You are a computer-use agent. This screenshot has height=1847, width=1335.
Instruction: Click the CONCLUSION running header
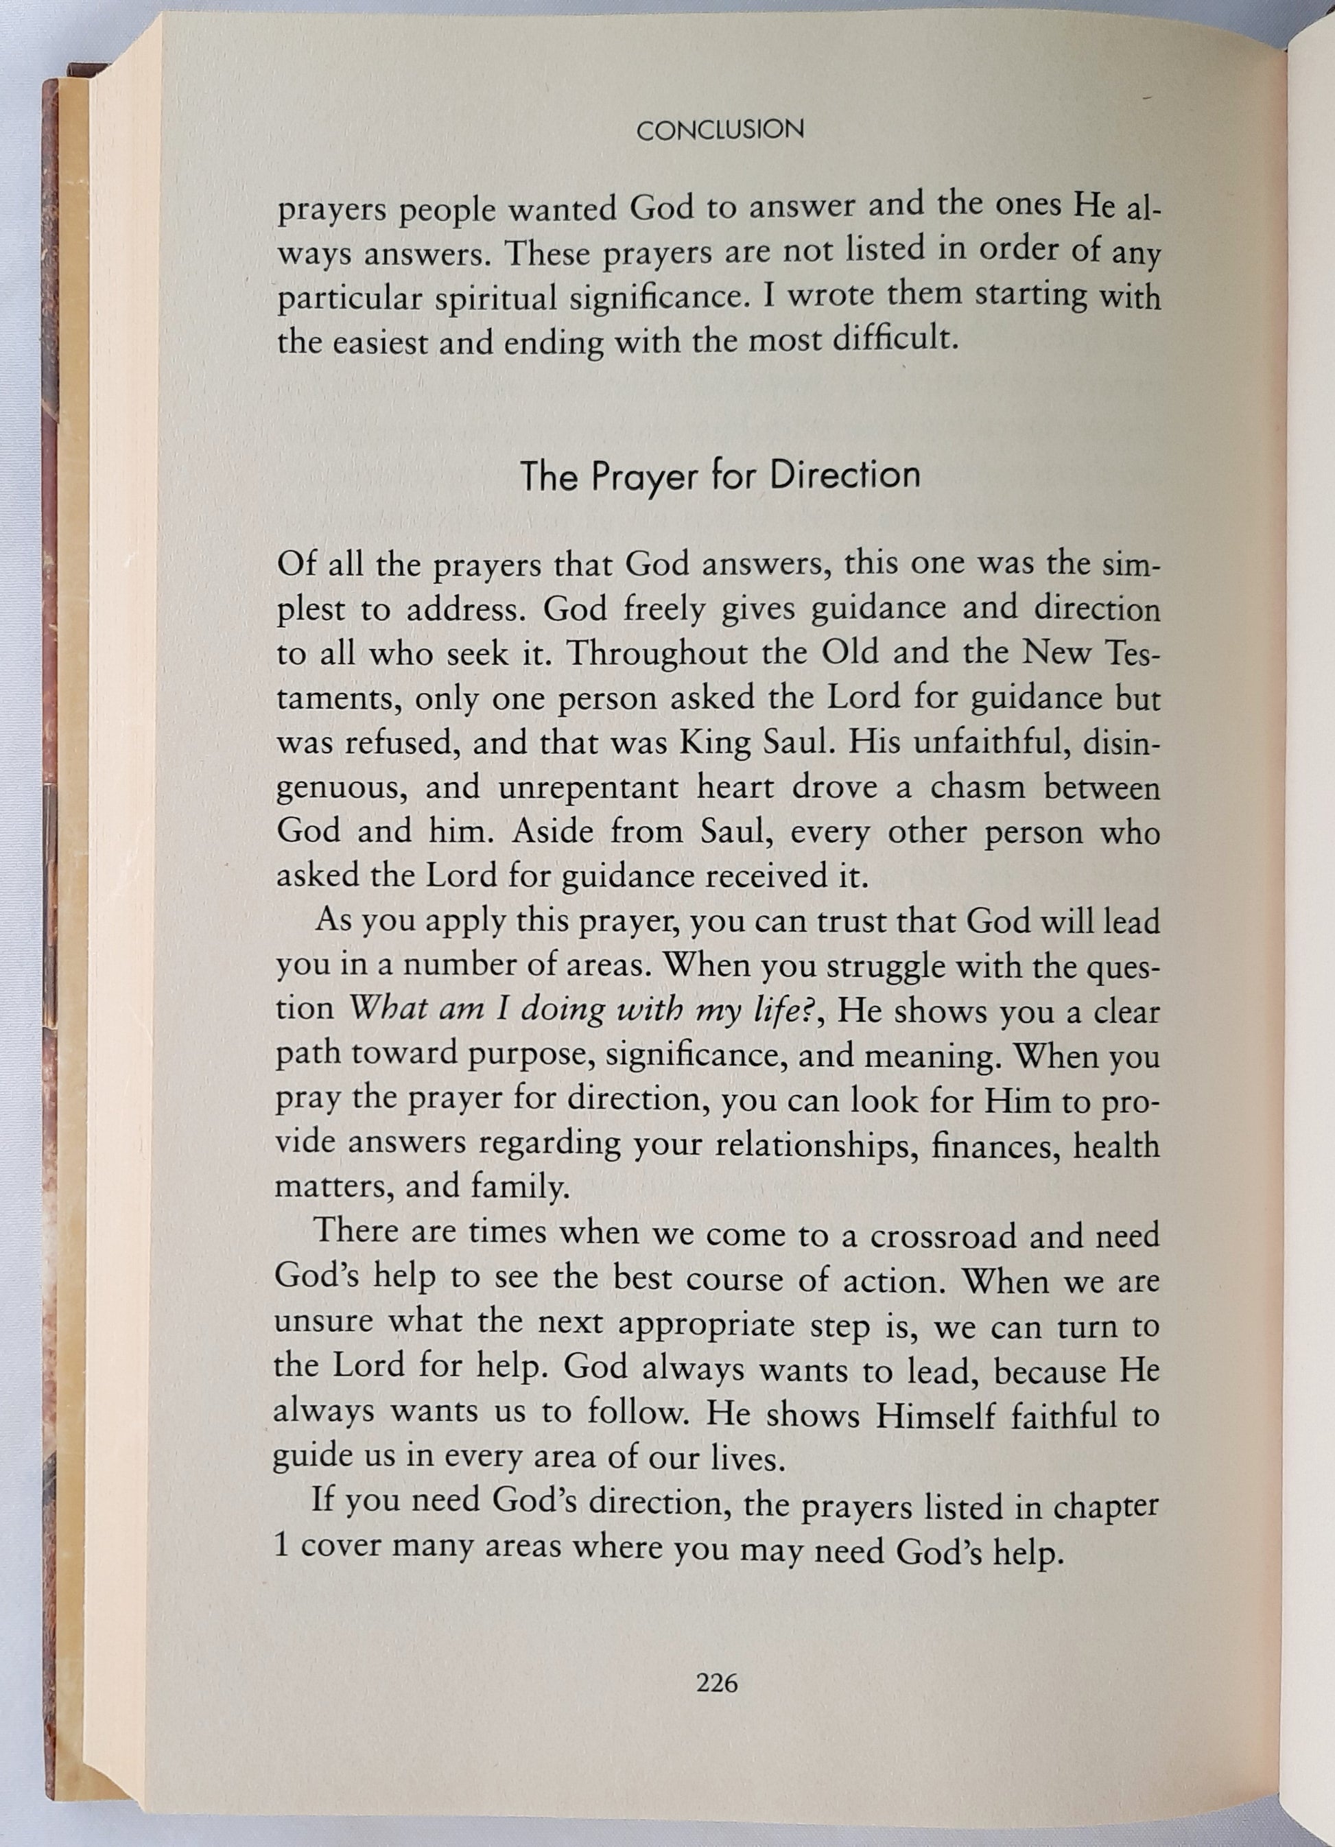(719, 130)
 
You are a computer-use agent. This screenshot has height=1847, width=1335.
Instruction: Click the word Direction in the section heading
(844, 475)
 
